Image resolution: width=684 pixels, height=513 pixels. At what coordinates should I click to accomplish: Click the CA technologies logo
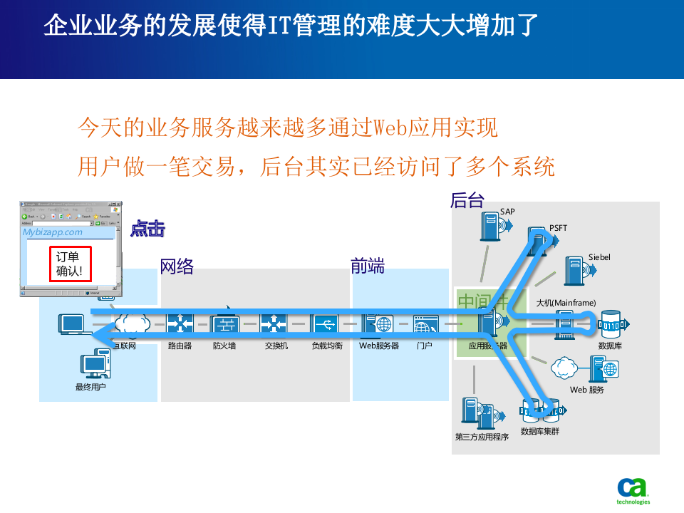tap(633, 491)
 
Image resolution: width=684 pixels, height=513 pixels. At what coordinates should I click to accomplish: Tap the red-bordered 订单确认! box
tap(70, 264)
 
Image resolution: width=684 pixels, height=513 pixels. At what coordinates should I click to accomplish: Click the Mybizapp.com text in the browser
tap(52, 232)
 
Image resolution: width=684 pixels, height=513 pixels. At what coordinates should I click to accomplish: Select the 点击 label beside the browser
tap(147, 229)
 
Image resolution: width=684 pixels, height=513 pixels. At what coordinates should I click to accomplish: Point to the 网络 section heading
tap(177, 266)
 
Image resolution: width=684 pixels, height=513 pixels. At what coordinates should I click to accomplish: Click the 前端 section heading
tap(368, 266)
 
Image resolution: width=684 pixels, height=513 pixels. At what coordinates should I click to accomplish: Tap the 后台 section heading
tap(467, 201)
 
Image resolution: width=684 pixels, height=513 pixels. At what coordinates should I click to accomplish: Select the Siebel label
tap(599, 257)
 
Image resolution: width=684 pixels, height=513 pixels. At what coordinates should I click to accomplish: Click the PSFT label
tap(558, 228)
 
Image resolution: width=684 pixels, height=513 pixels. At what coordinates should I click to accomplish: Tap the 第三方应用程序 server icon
tap(472, 413)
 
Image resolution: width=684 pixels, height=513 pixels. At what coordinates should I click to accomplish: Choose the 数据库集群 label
tap(540, 431)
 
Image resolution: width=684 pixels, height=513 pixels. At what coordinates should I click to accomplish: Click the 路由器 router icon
tap(180, 325)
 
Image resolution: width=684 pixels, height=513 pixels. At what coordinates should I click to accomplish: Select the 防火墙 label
tap(224, 346)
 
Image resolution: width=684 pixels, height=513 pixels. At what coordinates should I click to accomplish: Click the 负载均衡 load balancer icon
tap(325, 325)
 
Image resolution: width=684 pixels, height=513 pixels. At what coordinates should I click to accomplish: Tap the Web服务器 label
tap(378, 346)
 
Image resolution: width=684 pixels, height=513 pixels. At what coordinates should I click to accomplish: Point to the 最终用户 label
tap(90, 387)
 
